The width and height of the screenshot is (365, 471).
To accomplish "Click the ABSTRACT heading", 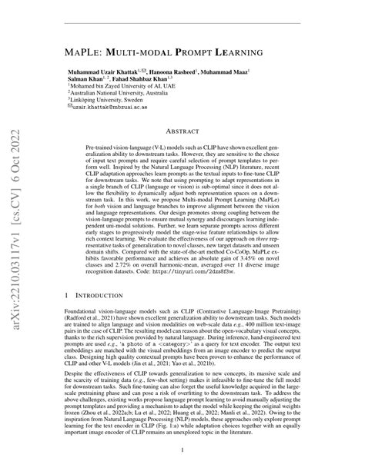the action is (182, 152).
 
